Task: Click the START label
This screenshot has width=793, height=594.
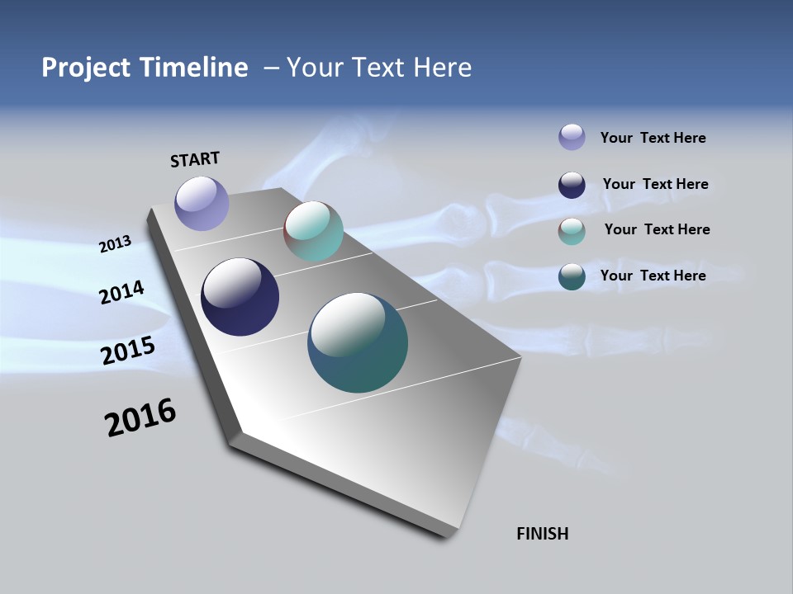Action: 195,159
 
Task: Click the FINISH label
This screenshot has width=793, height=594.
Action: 542,534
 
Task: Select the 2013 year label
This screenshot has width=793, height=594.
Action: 115,244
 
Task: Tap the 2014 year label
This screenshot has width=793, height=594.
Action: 121,293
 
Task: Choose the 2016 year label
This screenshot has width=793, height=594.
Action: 140,417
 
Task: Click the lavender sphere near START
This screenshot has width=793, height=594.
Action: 202,203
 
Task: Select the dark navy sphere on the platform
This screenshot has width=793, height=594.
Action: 240,297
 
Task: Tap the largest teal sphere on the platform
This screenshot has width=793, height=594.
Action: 358,342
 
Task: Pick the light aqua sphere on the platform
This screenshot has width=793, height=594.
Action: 313,231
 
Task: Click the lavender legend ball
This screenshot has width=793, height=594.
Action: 572,137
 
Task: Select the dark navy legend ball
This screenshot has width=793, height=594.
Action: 572,185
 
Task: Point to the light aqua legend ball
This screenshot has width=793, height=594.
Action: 572,231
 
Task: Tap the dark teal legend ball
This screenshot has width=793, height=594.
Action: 572,276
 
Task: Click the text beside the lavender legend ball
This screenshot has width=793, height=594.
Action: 653,138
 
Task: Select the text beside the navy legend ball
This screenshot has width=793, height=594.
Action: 655,184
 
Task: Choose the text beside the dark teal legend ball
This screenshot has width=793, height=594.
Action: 653,276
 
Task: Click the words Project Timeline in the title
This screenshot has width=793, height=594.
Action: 145,68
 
